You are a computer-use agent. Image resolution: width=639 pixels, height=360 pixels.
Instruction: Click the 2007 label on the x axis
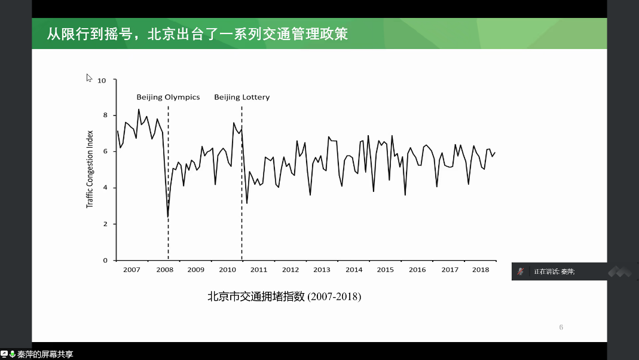132,270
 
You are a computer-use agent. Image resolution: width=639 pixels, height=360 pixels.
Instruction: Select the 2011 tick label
259,270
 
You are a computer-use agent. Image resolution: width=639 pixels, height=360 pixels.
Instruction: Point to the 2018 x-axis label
481,270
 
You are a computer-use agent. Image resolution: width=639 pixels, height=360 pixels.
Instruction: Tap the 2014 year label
354,270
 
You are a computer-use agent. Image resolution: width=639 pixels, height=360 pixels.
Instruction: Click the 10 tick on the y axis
102,80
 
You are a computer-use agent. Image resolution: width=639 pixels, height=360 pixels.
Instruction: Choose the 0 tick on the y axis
105,260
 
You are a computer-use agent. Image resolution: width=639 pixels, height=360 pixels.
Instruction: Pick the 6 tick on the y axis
105,152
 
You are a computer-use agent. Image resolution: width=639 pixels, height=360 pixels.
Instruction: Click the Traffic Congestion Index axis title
90,169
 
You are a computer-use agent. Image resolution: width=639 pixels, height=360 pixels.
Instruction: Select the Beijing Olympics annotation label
168,97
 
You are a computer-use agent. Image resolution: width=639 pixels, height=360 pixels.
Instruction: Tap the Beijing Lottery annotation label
242,97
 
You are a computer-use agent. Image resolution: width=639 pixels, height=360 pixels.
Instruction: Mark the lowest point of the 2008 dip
168,216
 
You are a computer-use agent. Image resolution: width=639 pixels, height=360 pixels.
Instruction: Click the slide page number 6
561,327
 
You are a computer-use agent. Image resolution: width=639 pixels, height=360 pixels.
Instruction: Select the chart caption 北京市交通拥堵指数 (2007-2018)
285,296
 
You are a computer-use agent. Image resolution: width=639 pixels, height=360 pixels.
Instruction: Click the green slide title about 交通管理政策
197,33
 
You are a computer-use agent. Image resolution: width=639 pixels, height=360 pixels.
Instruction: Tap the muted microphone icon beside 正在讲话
521,271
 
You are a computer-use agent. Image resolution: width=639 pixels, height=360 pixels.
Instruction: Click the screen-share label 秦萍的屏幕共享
45,355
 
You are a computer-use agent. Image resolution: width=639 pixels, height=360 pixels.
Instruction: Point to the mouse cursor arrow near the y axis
88,77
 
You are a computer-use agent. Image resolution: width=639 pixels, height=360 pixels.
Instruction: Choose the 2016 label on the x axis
417,270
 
